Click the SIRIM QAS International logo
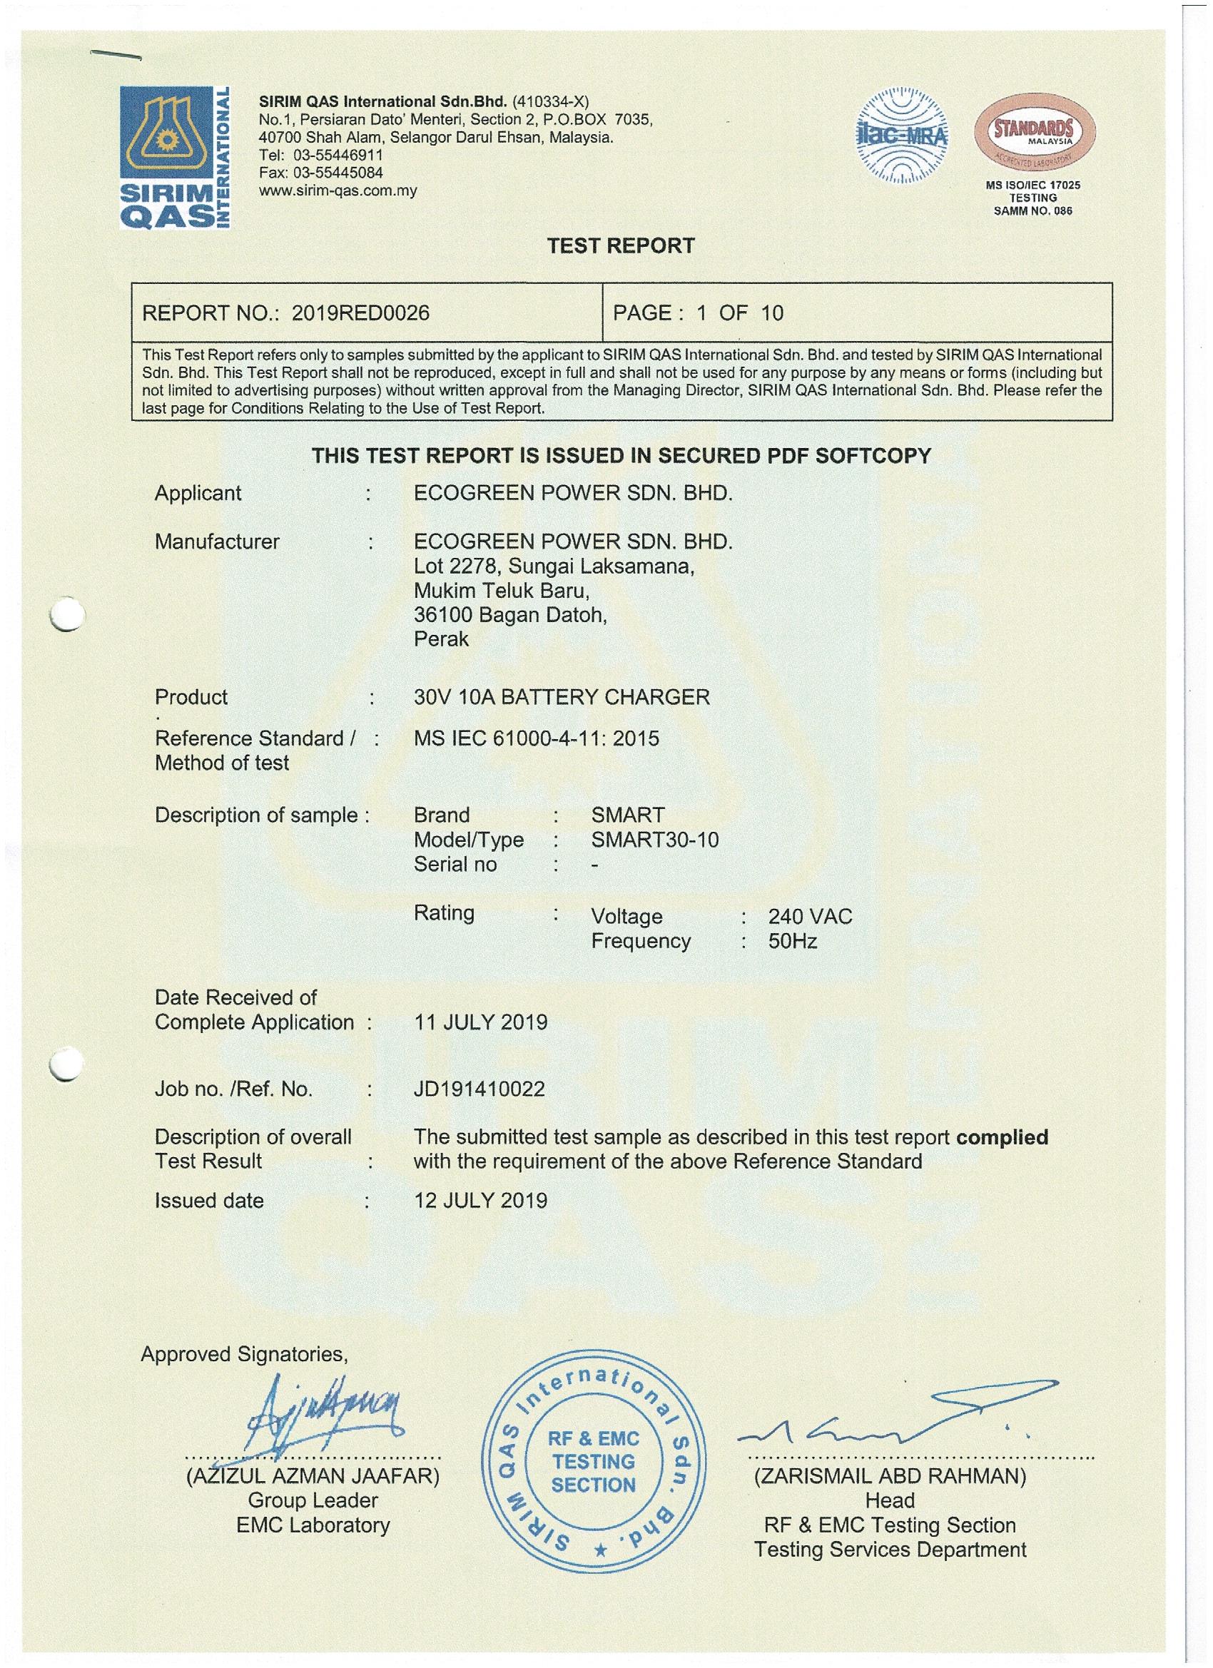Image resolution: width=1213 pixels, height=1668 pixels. [x=176, y=157]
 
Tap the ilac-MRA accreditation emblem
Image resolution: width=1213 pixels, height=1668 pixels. [x=902, y=136]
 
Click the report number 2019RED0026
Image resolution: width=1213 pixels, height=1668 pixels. [x=360, y=313]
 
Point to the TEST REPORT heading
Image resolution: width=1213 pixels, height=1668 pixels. [x=621, y=245]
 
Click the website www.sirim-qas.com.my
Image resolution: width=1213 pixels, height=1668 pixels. [x=338, y=191]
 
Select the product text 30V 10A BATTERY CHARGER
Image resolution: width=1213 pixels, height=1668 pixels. [x=562, y=696]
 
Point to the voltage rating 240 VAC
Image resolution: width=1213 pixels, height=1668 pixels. [x=810, y=916]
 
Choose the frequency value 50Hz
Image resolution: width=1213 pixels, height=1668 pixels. [x=792, y=942]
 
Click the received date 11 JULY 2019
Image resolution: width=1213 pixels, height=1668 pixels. [x=480, y=1022]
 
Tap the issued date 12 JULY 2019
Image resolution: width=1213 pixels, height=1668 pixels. [x=480, y=1201]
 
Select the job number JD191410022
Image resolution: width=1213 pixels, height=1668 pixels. [x=479, y=1089]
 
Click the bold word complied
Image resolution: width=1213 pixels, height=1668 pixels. [x=1002, y=1137]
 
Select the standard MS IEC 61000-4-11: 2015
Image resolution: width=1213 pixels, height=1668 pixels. [x=537, y=738]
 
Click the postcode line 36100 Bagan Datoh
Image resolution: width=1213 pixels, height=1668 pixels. [x=510, y=614]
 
